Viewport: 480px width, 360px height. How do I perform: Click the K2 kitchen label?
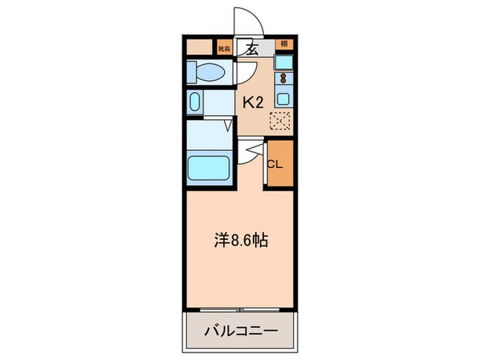click(x=253, y=103)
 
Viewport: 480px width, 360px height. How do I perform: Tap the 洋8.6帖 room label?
click(x=239, y=241)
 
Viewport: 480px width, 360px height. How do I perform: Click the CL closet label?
click(x=274, y=164)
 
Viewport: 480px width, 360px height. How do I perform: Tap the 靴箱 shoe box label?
click(x=224, y=48)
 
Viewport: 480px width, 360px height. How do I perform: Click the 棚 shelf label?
click(x=283, y=45)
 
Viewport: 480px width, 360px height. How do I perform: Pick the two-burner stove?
click(x=283, y=77)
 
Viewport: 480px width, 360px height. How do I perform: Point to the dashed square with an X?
click(x=280, y=121)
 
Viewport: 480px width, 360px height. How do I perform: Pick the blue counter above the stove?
click(x=283, y=62)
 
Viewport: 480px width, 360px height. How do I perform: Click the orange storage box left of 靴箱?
click(x=200, y=47)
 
